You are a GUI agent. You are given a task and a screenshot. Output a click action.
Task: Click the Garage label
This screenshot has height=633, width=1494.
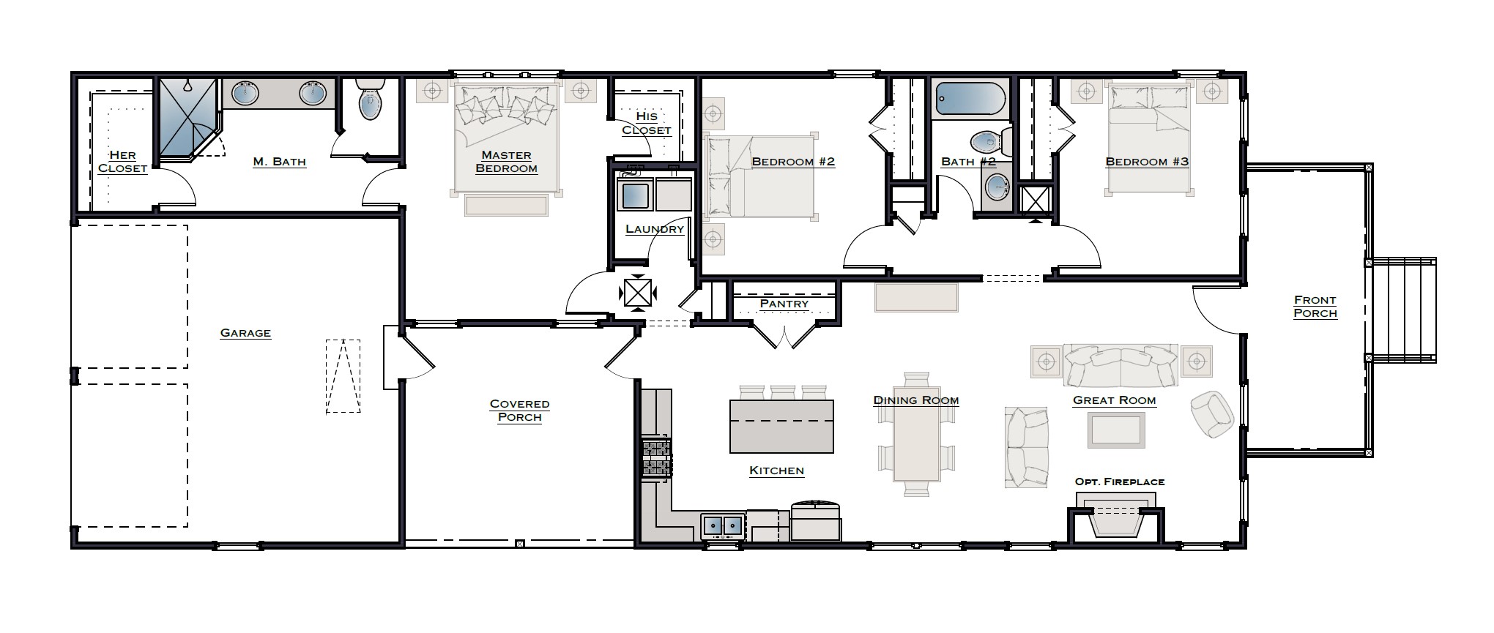(x=245, y=333)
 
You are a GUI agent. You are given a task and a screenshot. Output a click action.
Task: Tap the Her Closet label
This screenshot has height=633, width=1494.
(x=122, y=161)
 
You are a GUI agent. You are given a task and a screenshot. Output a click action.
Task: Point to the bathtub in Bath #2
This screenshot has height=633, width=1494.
(x=971, y=99)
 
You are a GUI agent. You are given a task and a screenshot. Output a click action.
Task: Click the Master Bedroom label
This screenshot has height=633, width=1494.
(x=506, y=161)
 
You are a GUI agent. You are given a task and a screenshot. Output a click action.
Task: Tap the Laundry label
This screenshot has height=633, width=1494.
(x=654, y=228)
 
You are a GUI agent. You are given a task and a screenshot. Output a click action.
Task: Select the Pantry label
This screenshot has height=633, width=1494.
(x=784, y=303)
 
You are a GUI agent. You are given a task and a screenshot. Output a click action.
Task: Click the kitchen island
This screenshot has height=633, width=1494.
(x=781, y=426)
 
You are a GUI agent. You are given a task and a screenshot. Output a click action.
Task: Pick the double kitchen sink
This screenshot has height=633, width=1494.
(x=723, y=525)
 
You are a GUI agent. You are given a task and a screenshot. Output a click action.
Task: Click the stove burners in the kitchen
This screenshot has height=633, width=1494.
(x=656, y=458)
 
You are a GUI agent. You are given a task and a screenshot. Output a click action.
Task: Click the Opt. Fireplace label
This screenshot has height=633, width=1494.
(x=1119, y=482)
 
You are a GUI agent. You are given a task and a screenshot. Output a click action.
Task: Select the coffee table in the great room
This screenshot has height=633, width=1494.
(x=1115, y=430)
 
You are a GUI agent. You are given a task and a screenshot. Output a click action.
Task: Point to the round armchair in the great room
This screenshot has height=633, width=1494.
(x=1211, y=414)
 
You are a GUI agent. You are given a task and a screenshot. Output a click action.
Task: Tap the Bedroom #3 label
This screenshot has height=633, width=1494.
(x=1146, y=161)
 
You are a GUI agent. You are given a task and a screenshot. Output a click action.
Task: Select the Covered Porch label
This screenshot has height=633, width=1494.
(x=519, y=411)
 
